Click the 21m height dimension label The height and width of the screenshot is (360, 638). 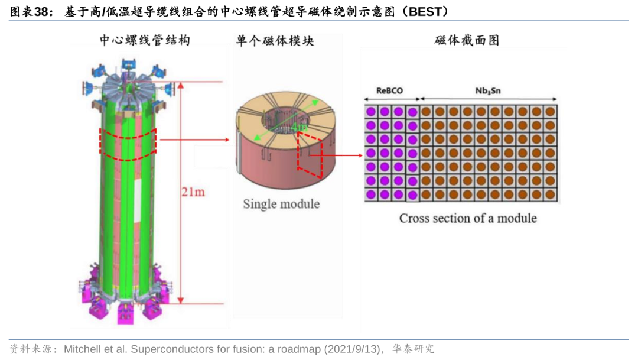point(194,192)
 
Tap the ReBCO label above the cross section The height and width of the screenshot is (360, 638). point(390,91)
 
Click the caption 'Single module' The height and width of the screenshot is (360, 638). point(281,204)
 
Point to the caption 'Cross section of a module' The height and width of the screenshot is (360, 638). point(468,218)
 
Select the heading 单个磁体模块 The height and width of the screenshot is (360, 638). point(275,40)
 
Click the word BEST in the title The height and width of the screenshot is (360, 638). point(425,11)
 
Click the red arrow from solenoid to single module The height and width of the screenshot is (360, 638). point(194,140)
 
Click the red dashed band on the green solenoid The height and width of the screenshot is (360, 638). point(128,145)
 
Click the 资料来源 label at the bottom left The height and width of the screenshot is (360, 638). point(29,349)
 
